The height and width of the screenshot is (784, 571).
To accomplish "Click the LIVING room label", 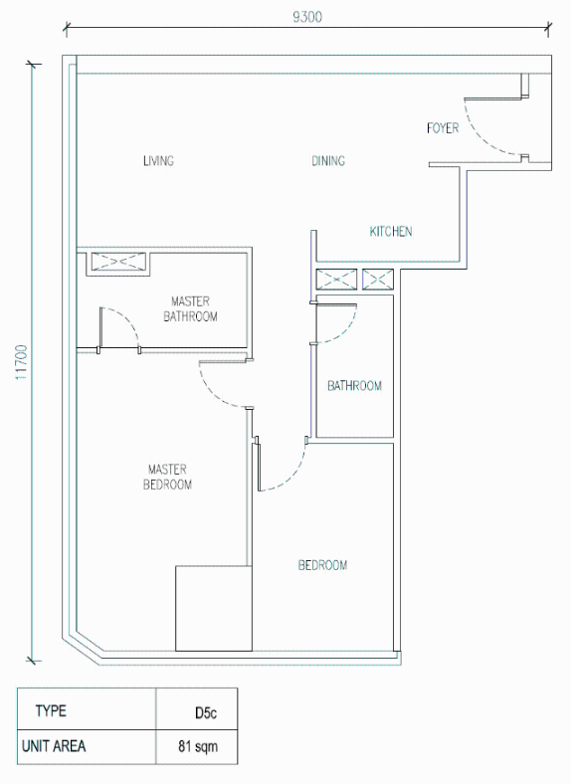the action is (158, 160).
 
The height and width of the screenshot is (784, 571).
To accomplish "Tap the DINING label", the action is (328, 160).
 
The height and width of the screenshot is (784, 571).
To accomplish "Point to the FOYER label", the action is (443, 128).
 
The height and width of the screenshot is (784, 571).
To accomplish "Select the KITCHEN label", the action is (391, 232).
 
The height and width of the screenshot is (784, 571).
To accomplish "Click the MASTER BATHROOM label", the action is (191, 309).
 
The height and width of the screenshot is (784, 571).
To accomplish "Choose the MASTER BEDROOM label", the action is (167, 477).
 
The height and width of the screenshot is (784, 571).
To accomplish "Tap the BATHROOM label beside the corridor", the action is (354, 385).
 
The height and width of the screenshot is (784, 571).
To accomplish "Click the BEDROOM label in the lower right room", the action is (322, 565).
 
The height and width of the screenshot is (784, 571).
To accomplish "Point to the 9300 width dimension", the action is (307, 17).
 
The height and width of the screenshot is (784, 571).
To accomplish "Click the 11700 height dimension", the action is (22, 362).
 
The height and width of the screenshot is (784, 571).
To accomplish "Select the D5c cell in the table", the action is (206, 712).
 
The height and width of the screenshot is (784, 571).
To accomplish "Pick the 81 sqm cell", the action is (198, 746).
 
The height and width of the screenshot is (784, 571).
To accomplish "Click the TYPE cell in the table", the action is (51, 711).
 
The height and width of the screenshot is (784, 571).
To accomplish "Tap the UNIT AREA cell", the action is (54, 746).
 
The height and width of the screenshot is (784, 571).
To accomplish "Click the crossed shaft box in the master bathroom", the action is (118, 262).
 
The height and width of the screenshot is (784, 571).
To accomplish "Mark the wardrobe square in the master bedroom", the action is (214, 609).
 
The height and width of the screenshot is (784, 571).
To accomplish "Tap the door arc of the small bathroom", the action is (345, 331).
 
